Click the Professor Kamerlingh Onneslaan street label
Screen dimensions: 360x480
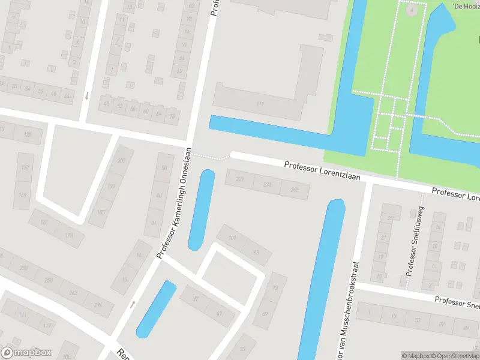(175, 203)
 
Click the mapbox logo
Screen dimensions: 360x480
(26, 353)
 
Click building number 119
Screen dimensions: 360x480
(260, 104)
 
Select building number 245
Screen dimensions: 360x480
(295, 190)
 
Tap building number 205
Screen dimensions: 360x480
(122, 161)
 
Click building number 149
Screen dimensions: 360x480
(23, 195)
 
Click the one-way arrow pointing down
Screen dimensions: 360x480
(87, 95)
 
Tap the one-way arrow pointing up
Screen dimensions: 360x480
(133, 305)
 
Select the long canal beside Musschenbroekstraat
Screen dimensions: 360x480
(322, 282)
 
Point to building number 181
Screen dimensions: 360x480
(44, 223)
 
